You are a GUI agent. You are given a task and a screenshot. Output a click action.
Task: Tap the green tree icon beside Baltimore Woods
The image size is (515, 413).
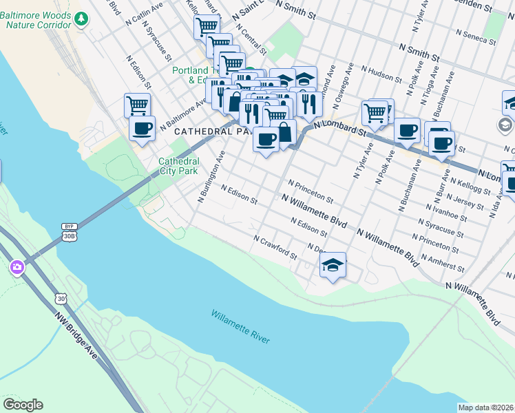click(x=82, y=19)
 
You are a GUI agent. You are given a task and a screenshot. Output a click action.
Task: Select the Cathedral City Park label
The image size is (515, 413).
click(x=178, y=166)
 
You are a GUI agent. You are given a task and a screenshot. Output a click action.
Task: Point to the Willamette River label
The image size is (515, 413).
click(x=240, y=327)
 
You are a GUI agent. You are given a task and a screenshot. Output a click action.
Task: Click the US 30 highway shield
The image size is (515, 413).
click(x=61, y=298)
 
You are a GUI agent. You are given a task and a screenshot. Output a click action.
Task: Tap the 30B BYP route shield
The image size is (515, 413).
click(x=68, y=231)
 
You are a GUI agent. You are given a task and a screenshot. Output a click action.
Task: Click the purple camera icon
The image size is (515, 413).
click(x=17, y=266)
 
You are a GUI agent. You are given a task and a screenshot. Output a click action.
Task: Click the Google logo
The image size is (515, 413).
click(x=23, y=405)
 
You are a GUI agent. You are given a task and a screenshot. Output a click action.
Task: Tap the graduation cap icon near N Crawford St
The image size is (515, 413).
click(x=333, y=265)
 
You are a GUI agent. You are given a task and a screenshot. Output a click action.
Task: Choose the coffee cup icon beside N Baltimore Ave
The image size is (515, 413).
click(x=143, y=128)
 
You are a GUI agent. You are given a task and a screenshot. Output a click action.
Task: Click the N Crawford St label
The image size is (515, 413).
click(x=275, y=248)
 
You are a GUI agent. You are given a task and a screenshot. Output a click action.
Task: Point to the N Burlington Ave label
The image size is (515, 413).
click(x=211, y=177)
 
